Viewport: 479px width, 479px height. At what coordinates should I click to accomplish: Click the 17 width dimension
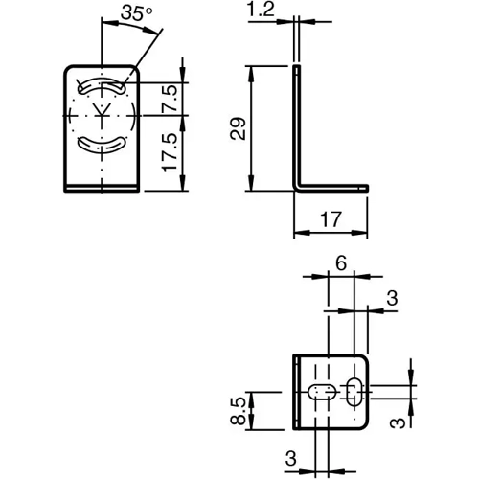pos(331,220)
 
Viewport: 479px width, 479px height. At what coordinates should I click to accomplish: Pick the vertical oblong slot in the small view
pos(354,392)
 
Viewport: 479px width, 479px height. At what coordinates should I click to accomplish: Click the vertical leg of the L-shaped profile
pos(297,125)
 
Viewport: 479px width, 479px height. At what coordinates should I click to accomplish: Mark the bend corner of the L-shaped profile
pos(298,186)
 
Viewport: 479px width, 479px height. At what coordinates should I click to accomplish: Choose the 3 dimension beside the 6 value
pos(391,299)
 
